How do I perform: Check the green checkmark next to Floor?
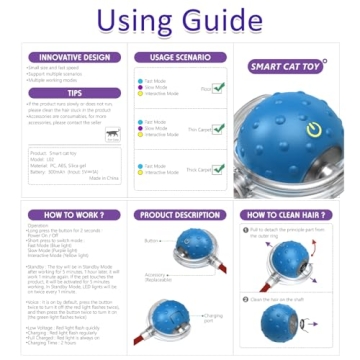(219, 87)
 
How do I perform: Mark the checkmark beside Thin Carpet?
(219, 128)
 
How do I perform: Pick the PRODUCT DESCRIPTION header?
(180, 215)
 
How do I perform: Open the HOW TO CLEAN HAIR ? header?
(289, 215)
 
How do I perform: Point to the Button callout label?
(151, 240)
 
